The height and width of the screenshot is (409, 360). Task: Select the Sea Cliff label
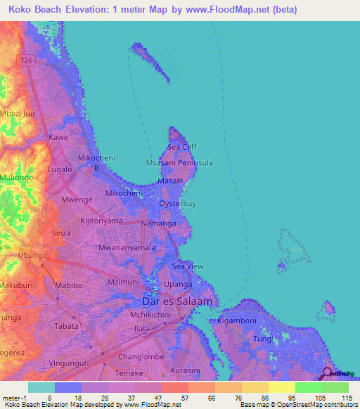[182, 147]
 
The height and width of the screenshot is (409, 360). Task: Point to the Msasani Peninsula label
[179, 162]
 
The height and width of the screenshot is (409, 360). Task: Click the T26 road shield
[27, 61]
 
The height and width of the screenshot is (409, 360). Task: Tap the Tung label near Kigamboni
[262, 339]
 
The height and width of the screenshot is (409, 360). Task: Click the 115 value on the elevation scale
[345, 397]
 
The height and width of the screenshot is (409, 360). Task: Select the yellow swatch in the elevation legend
[281, 387]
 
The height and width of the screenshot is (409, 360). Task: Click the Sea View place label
[188, 266]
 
